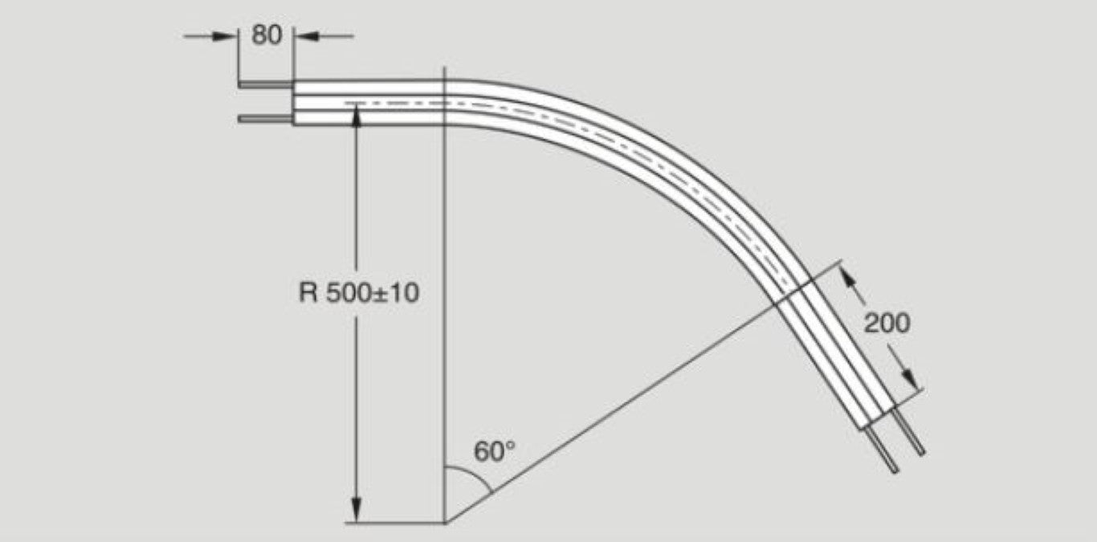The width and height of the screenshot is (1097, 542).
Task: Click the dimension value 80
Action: [x=267, y=35]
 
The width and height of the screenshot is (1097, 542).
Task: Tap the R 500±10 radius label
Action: [x=359, y=293]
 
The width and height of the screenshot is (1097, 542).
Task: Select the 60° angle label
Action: [x=494, y=451]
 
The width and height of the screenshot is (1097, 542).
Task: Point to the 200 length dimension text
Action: [x=887, y=324]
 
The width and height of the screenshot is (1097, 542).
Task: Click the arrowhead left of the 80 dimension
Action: [x=229, y=36]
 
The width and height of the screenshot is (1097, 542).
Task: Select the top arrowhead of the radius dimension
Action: [x=356, y=114]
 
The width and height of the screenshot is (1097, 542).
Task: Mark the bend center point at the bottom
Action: [x=444, y=523]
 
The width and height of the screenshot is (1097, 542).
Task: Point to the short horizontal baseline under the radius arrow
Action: [x=394, y=524]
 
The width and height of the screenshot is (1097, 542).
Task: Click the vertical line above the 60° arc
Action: [x=444, y=321]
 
